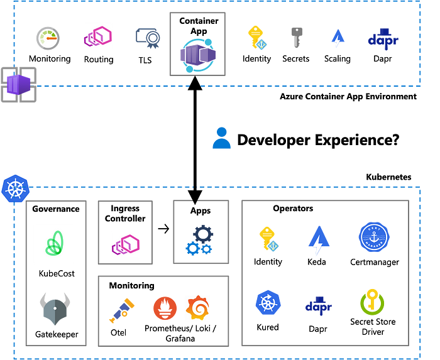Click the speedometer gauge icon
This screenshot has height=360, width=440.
coord(48,38)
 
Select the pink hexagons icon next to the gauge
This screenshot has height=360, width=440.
coord(98,36)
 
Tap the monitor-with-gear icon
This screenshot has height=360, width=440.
coord(148,38)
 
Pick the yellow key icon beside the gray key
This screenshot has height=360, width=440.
coord(258,38)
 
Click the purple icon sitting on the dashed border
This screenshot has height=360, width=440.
coord(18,85)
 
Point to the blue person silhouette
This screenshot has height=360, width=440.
coord(221,138)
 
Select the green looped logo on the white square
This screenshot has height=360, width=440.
coord(54,243)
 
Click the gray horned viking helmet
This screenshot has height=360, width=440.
coord(55,308)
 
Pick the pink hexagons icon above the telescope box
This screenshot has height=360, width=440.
coord(126,245)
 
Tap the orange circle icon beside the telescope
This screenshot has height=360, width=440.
coord(165,308)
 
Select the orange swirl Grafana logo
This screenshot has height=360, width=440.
coord(197,308)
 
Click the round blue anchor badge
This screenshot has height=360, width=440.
coord(374,237)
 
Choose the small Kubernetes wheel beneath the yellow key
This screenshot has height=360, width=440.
coord(268,303)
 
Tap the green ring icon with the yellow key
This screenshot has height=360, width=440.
coord(372,303)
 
